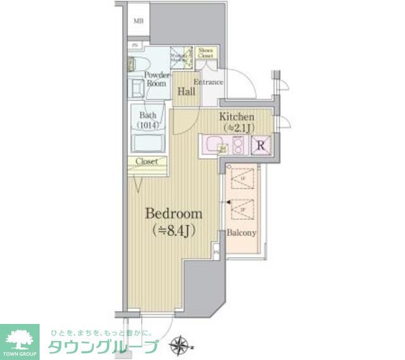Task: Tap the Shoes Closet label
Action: click(x=206, y=53)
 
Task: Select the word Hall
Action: click(x=185, y=90)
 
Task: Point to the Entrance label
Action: click(x=208, y=82)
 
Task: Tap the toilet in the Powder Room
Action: click(x=138, y=63)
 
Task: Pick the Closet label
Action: click(x=147, y=161)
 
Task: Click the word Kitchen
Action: click(x=237, y=117)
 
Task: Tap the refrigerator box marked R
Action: click(x=260, y=146)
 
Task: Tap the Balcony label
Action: click(x=242, y=233)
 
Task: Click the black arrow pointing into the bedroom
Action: click(x=221, y=202)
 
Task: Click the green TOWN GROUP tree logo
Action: click(x=21, y=337)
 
